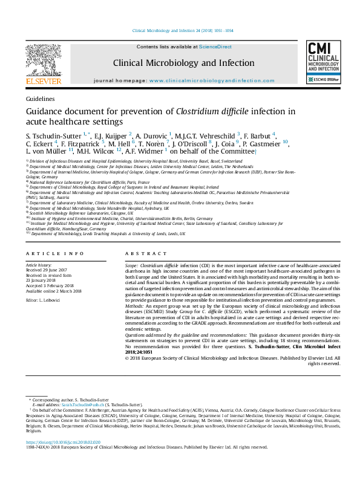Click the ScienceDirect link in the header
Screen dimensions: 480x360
click(215, 47)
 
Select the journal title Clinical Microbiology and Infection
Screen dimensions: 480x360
click(183, 63)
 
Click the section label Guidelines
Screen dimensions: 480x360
click(41, 98)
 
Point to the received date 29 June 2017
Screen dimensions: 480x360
click(45, 287)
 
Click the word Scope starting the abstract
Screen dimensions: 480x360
click(131, 282)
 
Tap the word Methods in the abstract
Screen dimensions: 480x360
click(135, 323)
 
